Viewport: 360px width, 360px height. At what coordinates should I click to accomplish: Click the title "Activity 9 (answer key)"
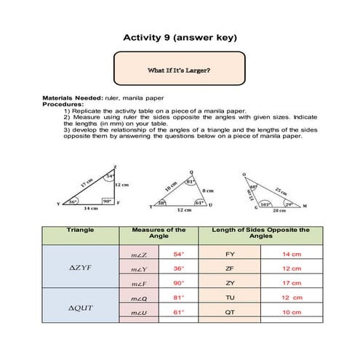pos(180,37)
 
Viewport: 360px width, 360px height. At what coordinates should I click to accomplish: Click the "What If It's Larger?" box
pos(180,71)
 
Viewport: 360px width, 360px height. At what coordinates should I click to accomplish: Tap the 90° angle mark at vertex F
pos(105,201)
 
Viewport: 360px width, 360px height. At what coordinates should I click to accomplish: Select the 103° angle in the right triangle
pos(266,204)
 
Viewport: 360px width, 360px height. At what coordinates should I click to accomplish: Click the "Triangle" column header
pos(80,230)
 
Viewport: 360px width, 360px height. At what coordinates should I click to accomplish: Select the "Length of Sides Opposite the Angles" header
pos(260,233)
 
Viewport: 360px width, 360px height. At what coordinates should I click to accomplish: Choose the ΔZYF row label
pos(80,268)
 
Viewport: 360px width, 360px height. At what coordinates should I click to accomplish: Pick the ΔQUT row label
pos(80,308)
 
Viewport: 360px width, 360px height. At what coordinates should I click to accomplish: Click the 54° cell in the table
pos(179,255)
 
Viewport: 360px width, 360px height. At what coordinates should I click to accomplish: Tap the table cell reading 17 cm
pos(291,283)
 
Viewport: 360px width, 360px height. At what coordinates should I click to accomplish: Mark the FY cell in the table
pos(230,255)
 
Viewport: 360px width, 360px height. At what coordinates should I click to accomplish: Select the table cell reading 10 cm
pos(291,312)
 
